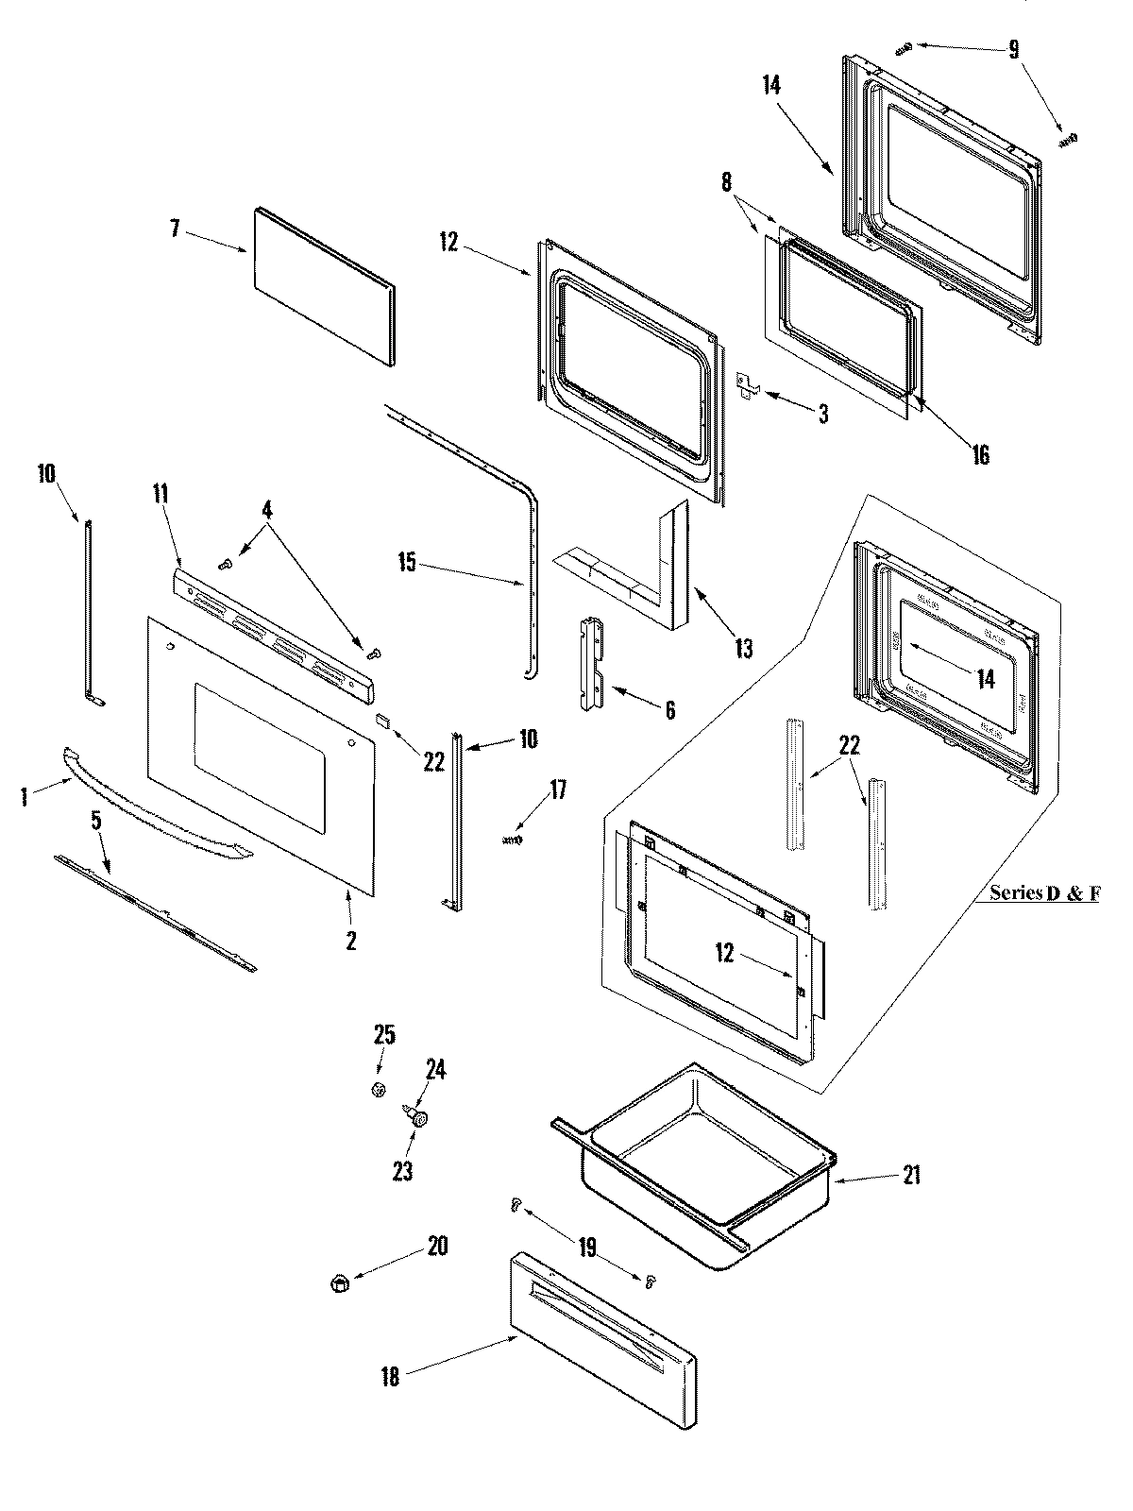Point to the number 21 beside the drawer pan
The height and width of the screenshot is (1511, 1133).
(x=910, y=1175)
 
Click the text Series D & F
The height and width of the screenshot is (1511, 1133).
(x=1043, y=892)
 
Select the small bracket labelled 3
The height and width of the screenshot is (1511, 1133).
(x=748, y=385)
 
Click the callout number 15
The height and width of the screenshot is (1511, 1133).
(x=406, y=564)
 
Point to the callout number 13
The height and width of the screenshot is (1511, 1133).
(x=743, y=648)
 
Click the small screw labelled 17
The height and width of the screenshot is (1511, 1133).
(x=512, y=839)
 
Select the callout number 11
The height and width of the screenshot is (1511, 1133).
(x=161, y=491)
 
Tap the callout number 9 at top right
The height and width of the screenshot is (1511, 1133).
(x=1013, y=49)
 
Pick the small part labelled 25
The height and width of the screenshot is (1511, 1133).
(x=378, y=1090)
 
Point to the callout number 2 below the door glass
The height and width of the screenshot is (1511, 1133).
(x=351, y=940)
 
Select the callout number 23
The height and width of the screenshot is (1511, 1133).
(x=402, y=1171)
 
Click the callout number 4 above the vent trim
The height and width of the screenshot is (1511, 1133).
(x=267, y=510)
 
